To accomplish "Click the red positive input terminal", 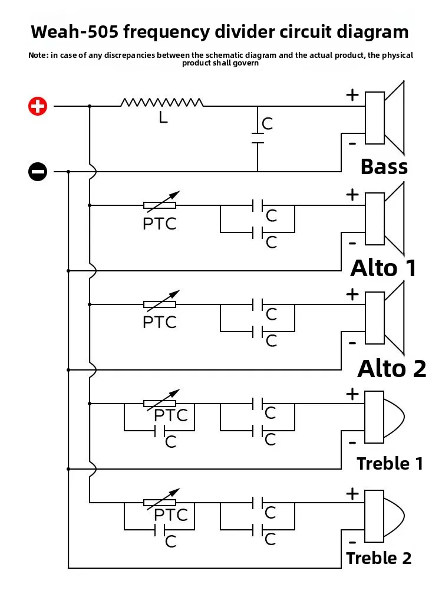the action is click(x=38, y=106).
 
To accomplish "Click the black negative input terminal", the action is click(x=38, y=172).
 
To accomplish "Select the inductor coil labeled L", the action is click(x=162, y=102).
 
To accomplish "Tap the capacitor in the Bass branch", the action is click(x=258, y=138).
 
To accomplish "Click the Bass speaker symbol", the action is click(x=384, y=118).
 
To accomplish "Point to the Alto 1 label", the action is click(x=384, y=268).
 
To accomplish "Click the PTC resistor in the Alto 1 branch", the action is click(x=160, y=205).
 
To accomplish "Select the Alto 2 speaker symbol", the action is click(x=384, y=317).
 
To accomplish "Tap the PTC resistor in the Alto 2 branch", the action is click(x=160, y=304).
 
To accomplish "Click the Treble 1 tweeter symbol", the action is click(x=384, y=417).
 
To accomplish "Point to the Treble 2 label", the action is click(x=379, y=558).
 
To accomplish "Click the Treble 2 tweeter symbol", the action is click(x=384, y=516).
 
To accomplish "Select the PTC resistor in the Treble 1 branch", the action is click(x=160, y=404).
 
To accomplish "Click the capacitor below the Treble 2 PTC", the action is click(x=160, y=530).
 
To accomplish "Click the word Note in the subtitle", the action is click(x=38, y=55).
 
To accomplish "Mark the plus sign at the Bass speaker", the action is click(x=352, y=95).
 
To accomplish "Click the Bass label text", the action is click(x=384, y=167).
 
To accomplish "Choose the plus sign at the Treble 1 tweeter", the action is click(x=352, y=394).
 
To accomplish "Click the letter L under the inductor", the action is click(x=163, y=118).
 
